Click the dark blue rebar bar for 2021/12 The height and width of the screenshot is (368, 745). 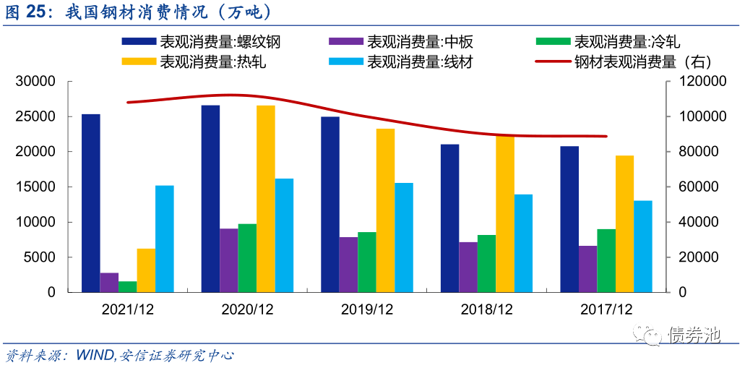pyautogui.click(x=91, y=203)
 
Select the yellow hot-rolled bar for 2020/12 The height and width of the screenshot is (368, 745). pyautogui.click(x=265, y=199)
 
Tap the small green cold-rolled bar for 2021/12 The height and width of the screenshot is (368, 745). pyautogui.click(x=128, y=286)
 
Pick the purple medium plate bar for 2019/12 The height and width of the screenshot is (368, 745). pyautogui.click(x=348, y=265)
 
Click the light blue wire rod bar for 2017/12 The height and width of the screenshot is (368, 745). pyautogui.click(x=642, y=247)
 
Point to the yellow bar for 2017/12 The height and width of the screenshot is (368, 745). pyautogui.click(x=624, y=224)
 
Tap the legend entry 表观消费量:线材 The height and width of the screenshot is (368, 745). pyautogui.click(x=400, y=61)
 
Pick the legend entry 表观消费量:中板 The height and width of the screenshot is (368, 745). pyautogui.click(x=400, y=42)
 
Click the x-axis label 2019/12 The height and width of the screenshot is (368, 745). pyautogui.click(x=367, y=309)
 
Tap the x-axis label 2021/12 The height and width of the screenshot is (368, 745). pyautogui.click(x=127, y=309)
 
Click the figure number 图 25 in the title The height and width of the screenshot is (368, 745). pyautogui.click(x=24, y=12)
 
